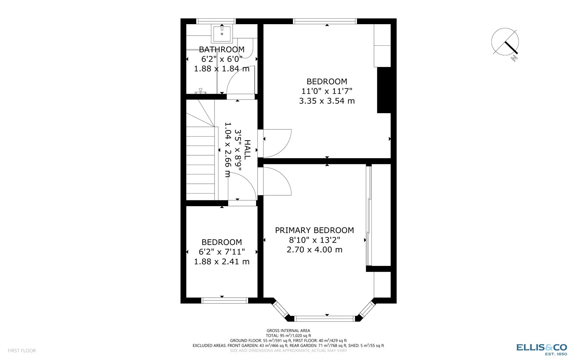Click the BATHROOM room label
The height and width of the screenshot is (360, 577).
pyautogui.click(x=221, y=49)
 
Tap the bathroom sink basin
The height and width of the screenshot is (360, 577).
pyautogui.click(x=222, y=34)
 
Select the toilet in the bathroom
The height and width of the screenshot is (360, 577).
pyautogui.click(x=247, y=49)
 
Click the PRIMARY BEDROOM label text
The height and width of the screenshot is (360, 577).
pyautogui.click(x=314, y=230)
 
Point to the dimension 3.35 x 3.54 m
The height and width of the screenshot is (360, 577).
pyautogui.click(x=327, y=101)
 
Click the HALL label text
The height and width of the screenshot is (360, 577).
pyautogui.click(x=247, y=150)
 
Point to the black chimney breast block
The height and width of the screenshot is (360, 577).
pyautogui.click(x=384, y=90)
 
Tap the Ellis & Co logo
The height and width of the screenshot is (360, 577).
pyautogui.click(x=541, y=348)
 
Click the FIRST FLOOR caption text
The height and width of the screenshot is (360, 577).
pyautogui.click(x=22, y=351)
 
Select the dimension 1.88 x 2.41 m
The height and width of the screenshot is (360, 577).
pyautogui.click(x=221, y=262)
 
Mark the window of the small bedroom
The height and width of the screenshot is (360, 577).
pyautogui.click(x=224, y=300)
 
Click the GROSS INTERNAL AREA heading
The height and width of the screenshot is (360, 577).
pyautogui.click(x=288, y=330)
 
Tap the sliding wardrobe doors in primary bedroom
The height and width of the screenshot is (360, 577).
pyautogui.click(x=368, y=216)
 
